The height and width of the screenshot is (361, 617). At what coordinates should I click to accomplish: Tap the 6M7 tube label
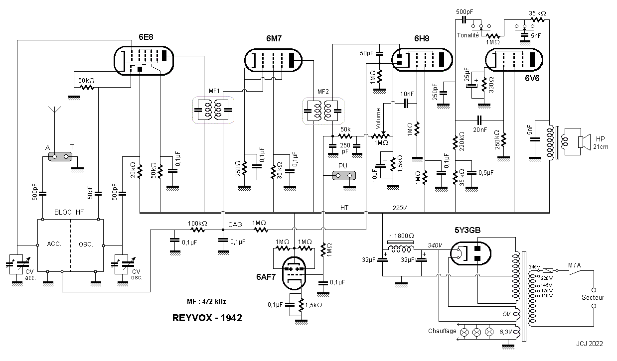(274, 38)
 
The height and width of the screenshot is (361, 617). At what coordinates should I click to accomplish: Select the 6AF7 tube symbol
(294, 273)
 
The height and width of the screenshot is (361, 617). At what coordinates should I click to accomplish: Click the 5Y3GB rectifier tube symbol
(470, 253)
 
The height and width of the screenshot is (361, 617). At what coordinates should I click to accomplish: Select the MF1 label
(214, 91)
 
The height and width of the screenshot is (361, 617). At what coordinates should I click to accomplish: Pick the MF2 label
(323, 92)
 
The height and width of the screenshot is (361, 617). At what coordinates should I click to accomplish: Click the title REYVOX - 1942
(207, 318)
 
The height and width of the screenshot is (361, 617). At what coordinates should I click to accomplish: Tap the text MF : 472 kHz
(206, 301)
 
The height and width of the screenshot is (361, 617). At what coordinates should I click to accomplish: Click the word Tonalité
(467, 35)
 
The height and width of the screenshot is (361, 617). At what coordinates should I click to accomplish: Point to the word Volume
(378, 119)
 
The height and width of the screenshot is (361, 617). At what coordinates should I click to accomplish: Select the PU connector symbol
(344, 176)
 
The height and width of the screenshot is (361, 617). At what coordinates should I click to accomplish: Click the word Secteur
(593, 297)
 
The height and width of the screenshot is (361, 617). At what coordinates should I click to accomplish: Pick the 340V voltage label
(435, 245)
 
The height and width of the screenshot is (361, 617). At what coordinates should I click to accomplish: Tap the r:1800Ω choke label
(402, 236)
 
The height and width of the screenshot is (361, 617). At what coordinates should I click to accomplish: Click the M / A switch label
(574, 265)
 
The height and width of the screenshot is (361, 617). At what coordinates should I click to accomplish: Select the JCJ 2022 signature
(590, 344)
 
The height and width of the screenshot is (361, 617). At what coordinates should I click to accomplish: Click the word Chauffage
(442, 331)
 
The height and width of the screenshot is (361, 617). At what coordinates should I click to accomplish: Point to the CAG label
(235, 225)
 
